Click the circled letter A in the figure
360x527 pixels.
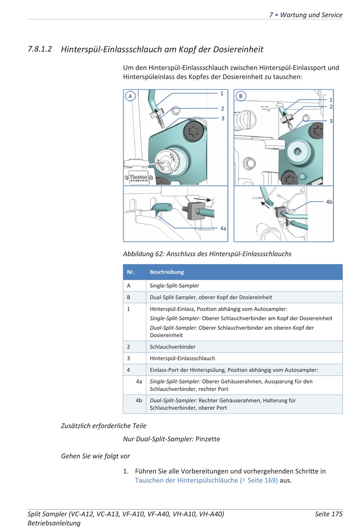pos(130,96)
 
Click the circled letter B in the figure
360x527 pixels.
pos(241,96)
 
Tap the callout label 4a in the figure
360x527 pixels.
pos(223,228)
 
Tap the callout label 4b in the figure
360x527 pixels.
pos(329,202)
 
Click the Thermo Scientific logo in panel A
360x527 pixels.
pos(138,178)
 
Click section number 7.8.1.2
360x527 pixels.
pos(40,49)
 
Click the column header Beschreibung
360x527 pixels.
pos(167,272)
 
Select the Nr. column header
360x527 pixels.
pos(131,272)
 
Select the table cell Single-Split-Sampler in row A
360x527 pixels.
pos(174,285)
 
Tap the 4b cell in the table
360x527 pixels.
pos(139,400)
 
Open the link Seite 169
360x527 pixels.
pos(262,480)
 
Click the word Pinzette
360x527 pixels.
pos(208,439)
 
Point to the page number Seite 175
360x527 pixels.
pos(328,514)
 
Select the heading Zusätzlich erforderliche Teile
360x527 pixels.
pos(103,426)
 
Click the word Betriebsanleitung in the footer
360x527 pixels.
pos(54,523)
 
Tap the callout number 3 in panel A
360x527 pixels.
pos(223,118)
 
